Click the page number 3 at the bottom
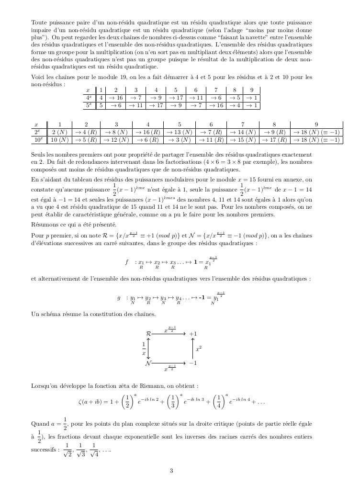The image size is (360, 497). click(171, 470)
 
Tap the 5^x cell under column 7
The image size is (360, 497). click(216, 105)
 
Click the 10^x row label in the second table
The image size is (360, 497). click(37, 140)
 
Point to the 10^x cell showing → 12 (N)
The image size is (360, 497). click(116, 140)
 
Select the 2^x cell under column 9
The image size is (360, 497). click(316, 132)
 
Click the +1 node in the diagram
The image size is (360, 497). click(193, 333)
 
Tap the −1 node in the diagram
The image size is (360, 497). click(193, 363)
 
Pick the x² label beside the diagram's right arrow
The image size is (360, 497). click(199, 349)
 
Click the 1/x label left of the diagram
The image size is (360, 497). click(144, 348)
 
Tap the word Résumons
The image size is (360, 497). click(44, 224)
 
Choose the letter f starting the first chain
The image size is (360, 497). click(127, 262)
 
